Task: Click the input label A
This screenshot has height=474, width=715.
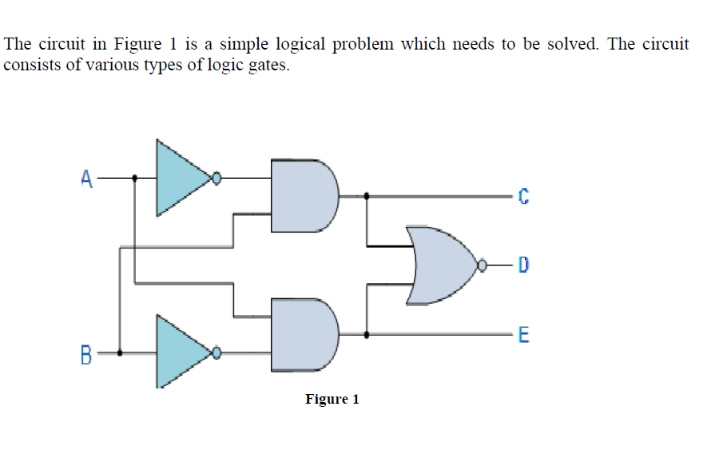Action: (x=86, y=178)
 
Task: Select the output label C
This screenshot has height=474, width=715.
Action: (x=523, y=195)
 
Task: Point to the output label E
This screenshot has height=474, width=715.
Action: (x=523, y=336)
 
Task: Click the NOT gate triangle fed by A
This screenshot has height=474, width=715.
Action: (x=180, y=178)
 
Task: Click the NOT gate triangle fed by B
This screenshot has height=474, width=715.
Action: (x=180, y=352)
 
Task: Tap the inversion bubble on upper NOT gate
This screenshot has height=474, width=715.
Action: (x=216, y=178)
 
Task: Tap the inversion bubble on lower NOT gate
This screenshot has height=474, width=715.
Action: (x=216, y=352)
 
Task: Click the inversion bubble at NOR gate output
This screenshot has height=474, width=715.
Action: (x=483, y=265)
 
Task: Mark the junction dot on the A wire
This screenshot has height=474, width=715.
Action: (x=134, y=178)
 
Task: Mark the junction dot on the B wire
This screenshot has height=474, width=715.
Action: (x=120, y=352)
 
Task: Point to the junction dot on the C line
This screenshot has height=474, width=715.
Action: (x=367, y=195)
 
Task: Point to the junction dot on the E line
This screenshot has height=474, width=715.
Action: (x=367, y=335)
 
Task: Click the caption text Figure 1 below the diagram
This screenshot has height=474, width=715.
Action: (x=332, y=399)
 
